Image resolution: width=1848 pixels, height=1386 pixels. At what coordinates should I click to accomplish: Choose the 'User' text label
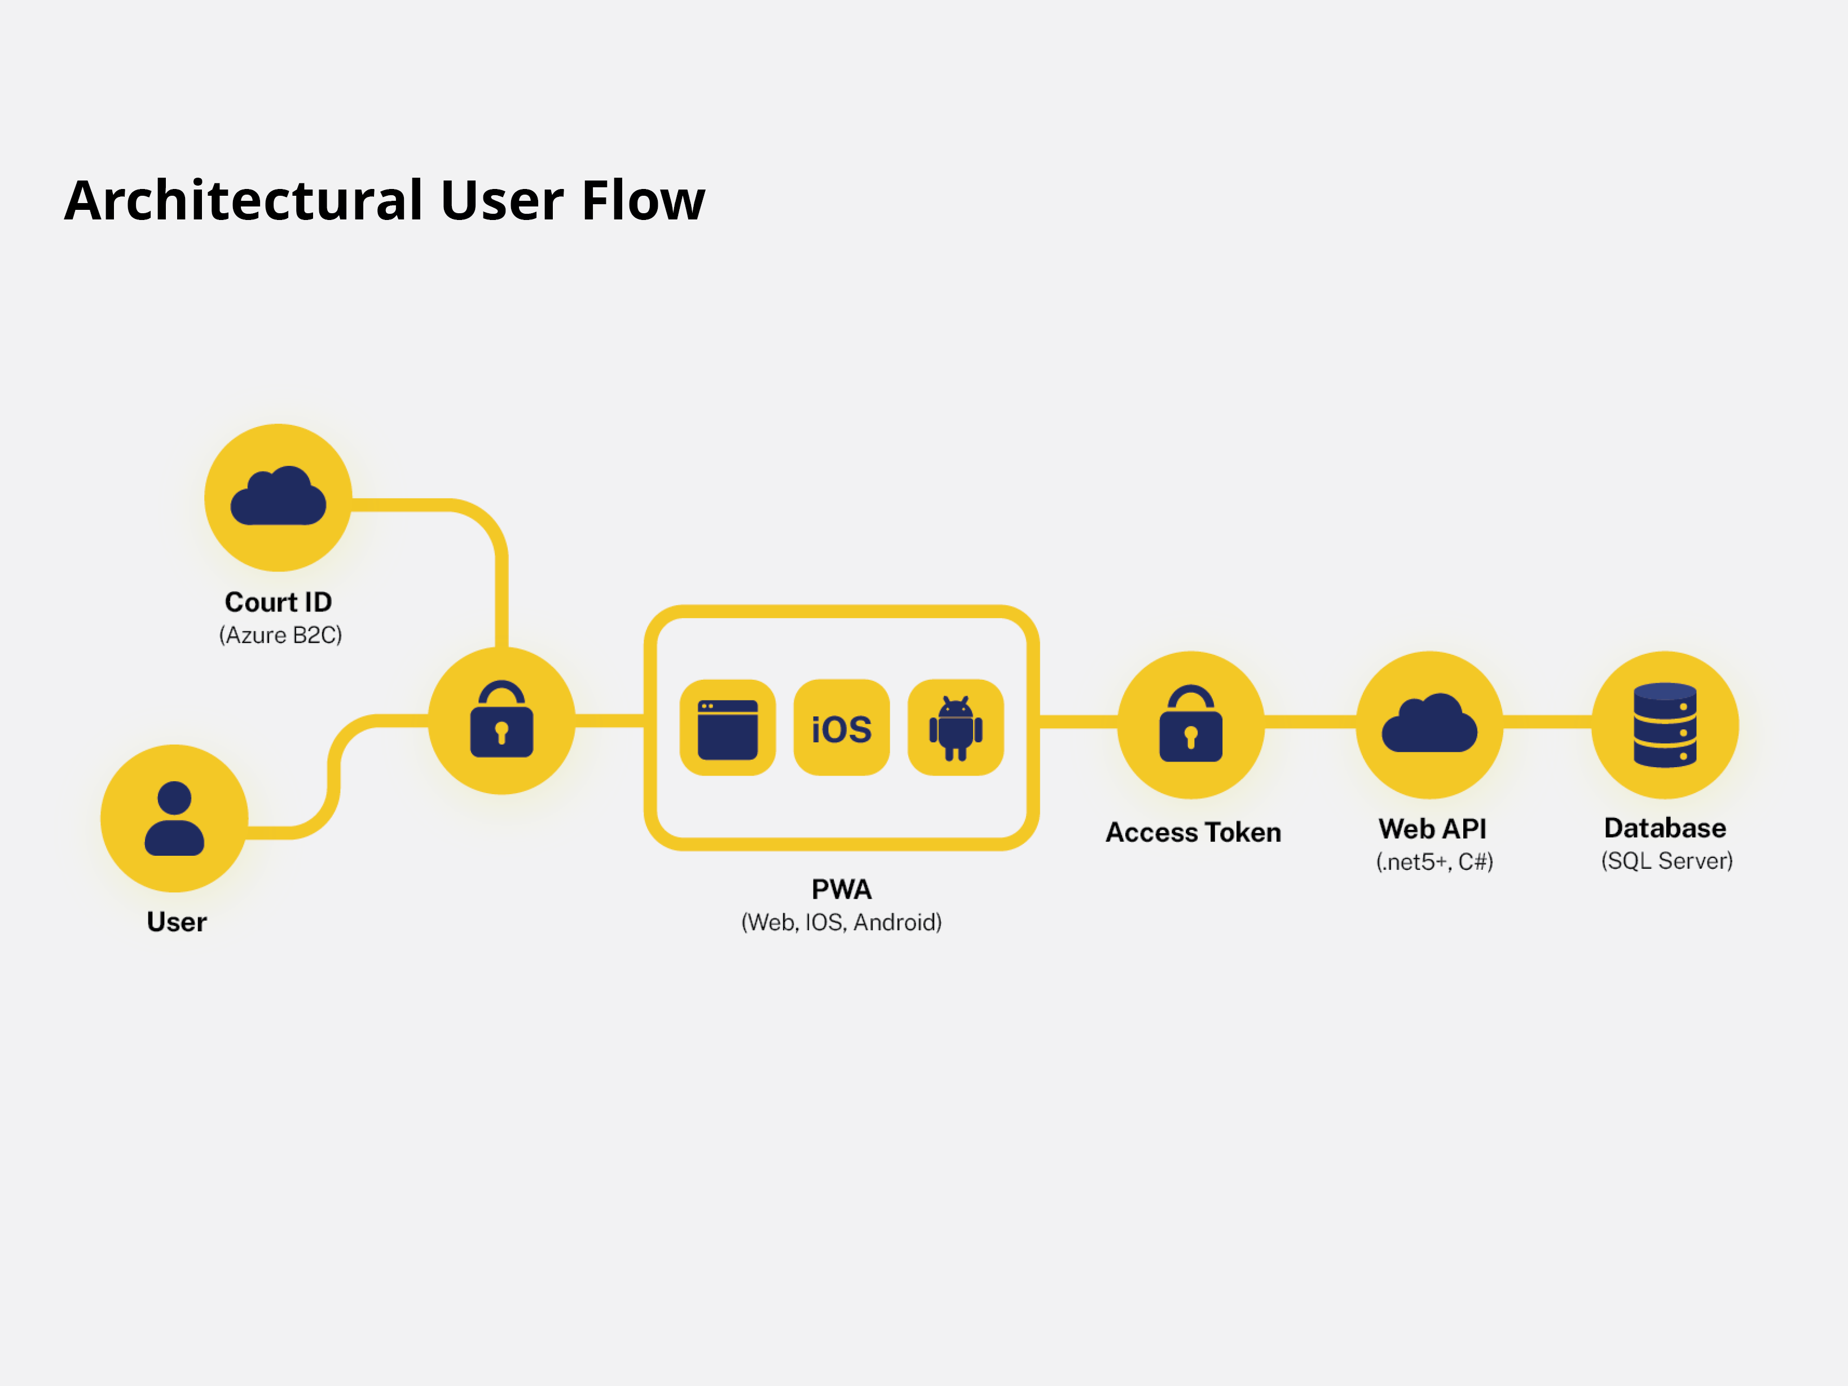(176, 922)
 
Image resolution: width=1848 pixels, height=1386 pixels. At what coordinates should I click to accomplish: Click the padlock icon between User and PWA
(501, 719)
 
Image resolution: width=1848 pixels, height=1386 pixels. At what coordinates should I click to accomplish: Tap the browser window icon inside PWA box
(728, 729)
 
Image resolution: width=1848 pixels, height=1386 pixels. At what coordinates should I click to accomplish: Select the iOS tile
(841, 728)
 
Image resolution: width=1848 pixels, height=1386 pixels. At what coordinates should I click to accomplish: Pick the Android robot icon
(956, 728)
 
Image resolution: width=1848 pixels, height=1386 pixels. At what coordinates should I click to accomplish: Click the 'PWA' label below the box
(841, 889)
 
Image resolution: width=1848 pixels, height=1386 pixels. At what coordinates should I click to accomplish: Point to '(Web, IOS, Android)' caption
(841, 922)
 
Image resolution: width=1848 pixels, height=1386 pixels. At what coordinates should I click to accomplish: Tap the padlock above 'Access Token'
(1190, 724)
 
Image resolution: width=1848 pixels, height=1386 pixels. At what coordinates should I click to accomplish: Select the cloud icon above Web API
(1429, 723)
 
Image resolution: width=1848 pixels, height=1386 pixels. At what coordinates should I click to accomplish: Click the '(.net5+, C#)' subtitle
(1435, 861)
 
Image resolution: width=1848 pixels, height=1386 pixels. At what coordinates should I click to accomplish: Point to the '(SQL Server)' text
(1667, 860)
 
